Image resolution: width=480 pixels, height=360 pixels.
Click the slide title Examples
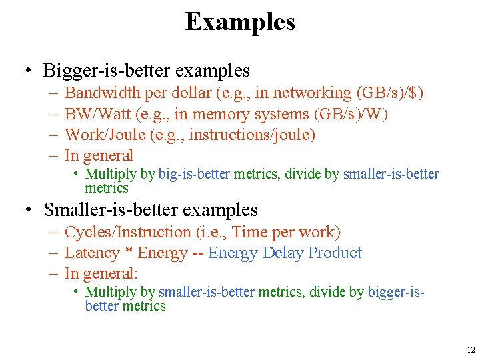click(240, 22)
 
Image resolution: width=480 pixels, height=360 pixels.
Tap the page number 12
click(471, 349)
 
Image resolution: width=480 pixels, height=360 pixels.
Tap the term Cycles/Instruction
click(127, 233)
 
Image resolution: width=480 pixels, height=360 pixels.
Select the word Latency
click(92, 253)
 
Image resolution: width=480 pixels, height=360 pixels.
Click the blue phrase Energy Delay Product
click(285, 253)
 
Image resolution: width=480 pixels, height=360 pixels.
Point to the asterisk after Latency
click(129, 254)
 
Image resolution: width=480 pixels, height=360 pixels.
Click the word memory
click(237, 115)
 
